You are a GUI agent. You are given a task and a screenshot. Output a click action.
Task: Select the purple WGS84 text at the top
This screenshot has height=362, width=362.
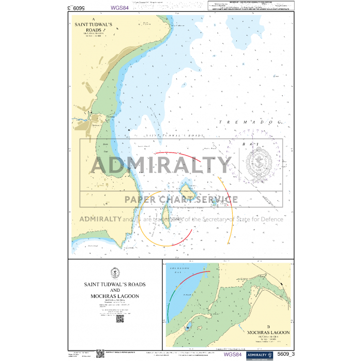pos(119,8)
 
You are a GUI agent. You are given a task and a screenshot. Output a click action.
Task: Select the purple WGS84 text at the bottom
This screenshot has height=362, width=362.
pos(232,354)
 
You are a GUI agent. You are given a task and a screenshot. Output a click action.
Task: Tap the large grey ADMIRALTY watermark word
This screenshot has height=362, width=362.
pos(161,165)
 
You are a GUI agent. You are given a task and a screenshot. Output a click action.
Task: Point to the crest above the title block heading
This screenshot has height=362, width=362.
pos(115,273)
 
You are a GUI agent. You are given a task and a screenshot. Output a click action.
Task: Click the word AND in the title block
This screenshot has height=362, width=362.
pos(115,290)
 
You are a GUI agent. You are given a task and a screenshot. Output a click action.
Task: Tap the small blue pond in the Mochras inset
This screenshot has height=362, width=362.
pos(188,326)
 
